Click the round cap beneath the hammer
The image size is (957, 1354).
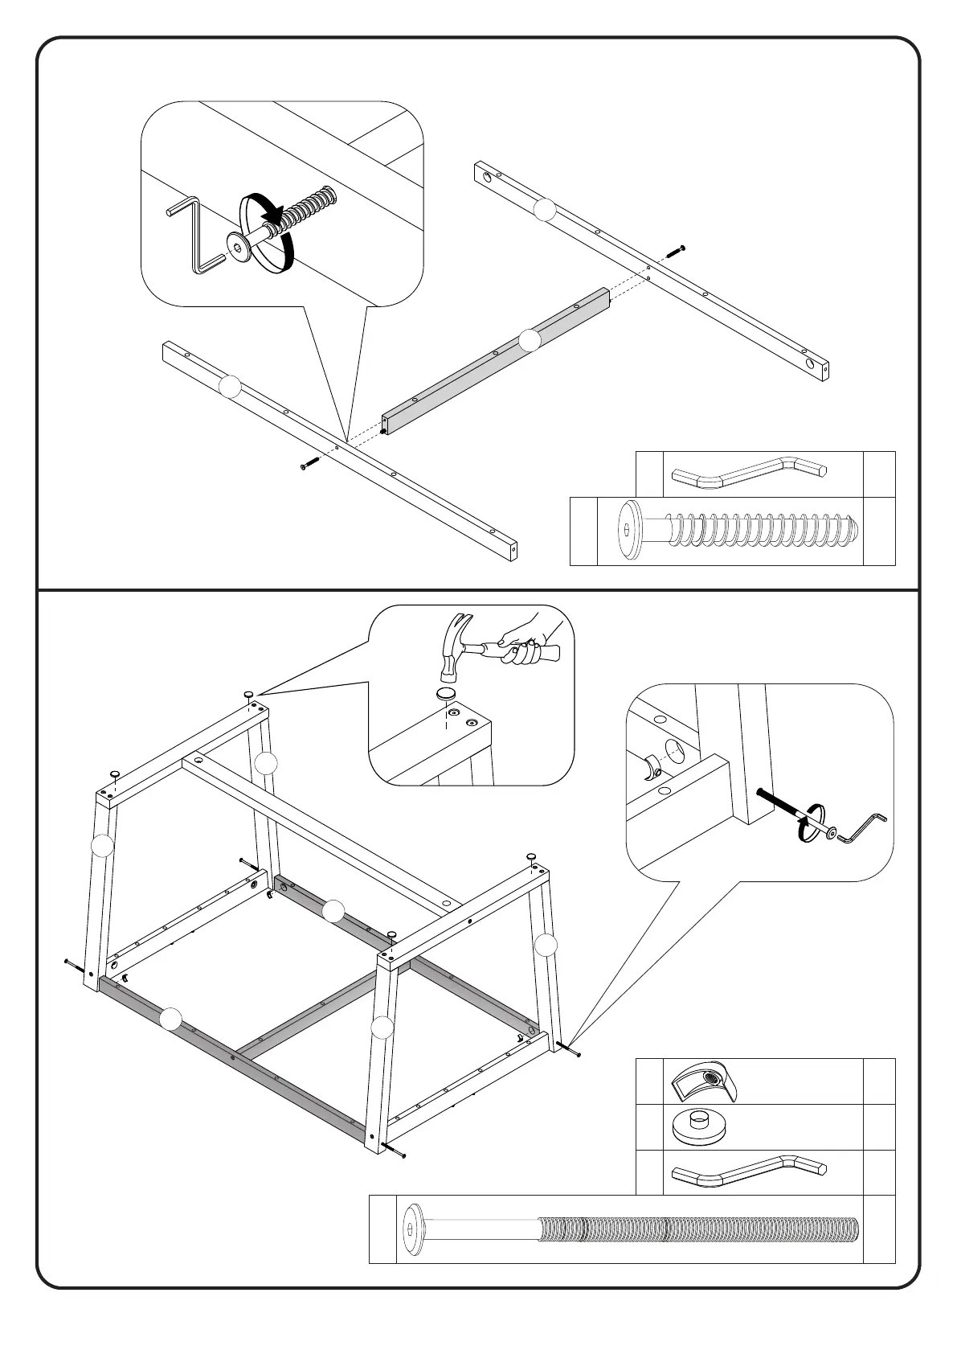[446, 693]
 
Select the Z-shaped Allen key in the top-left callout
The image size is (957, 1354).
[193, 233]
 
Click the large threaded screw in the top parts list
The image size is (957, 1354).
[739, 531]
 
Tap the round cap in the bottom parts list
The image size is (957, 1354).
[699, 1126]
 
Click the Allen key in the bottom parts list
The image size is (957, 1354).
[747, 1171]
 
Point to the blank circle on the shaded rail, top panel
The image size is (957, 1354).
[529, 341]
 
